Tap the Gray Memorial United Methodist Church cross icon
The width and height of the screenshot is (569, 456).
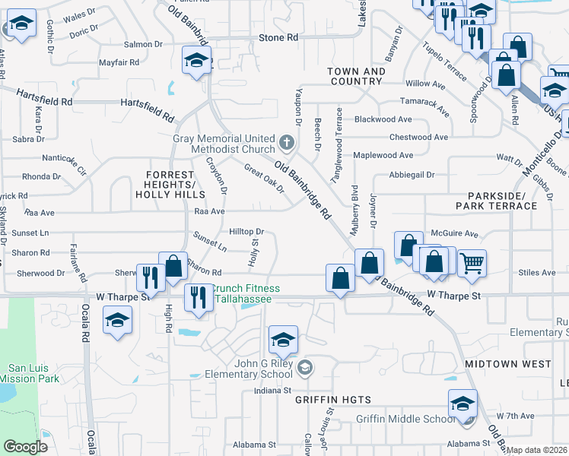287,141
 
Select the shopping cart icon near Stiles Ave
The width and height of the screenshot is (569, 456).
472,263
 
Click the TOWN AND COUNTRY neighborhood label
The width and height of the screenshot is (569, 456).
356,76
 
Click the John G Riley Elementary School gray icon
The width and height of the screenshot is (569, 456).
305,369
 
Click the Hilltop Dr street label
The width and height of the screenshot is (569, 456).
246,232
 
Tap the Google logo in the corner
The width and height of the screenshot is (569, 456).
25,447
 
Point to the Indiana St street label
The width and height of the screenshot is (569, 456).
273,391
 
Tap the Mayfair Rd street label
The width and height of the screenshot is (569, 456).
121,62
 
